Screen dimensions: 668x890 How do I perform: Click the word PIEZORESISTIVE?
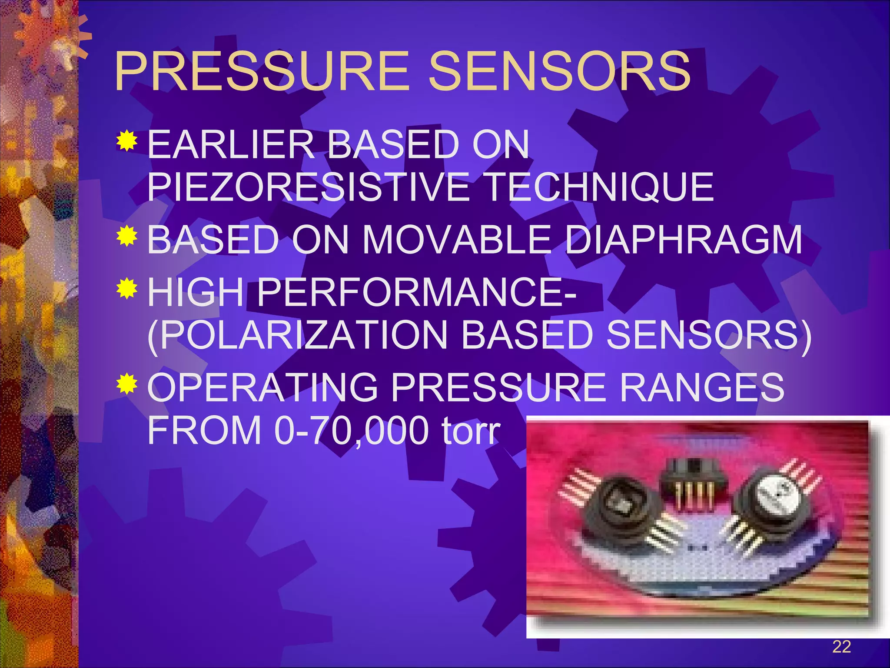click(309, 187)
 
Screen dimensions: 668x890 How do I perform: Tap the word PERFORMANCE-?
click(417, 292)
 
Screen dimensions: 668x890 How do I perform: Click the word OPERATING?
click(263, 387)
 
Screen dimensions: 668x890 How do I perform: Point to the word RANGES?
click(702, 387)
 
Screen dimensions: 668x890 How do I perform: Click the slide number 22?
click(841, 647)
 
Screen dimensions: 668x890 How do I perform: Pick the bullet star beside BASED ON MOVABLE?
click(127, 236)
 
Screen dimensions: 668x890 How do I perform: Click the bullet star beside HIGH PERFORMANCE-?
click(127, 288)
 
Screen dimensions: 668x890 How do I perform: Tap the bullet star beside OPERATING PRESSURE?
click(127, 384)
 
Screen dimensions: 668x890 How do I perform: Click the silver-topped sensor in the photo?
click(771, 500)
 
